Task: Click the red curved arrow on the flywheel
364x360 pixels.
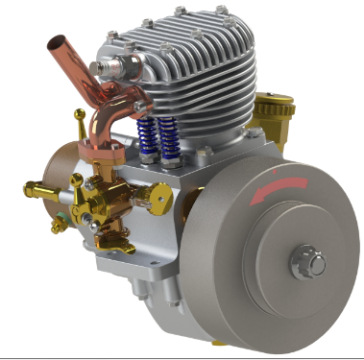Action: pyautogui.click(x=279, y=188)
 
